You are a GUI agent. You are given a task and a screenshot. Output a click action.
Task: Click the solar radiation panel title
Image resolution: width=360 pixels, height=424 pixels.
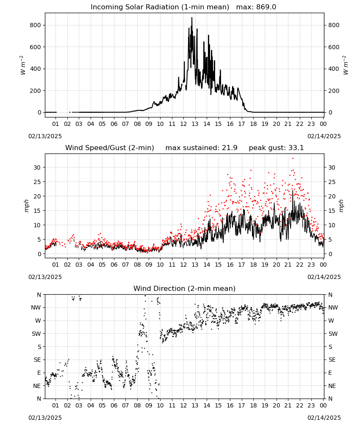183,7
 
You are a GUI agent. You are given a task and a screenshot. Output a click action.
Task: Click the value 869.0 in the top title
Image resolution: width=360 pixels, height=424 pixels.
266,7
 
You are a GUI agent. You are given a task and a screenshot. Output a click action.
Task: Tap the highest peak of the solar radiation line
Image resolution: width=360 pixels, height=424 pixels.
192,17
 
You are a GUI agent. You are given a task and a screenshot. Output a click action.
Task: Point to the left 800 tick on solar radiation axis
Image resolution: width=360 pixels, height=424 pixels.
36,25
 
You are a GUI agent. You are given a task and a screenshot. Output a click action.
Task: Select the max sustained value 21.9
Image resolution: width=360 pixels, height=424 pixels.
230,148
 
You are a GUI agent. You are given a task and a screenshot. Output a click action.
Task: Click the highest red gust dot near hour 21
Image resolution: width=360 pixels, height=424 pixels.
293,159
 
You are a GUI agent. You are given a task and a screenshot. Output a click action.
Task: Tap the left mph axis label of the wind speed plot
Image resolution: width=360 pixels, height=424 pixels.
26,206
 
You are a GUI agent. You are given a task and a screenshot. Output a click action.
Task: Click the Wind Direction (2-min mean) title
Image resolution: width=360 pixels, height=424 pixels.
185,288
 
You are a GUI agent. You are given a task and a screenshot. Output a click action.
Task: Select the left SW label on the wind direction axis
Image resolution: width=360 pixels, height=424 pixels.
36,334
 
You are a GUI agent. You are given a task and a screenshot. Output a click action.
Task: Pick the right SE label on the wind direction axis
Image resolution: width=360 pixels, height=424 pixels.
332,360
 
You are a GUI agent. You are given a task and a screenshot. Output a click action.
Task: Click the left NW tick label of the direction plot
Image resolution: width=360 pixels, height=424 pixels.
36,307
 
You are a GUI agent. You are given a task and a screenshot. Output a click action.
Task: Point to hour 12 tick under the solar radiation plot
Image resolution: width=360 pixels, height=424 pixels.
183,124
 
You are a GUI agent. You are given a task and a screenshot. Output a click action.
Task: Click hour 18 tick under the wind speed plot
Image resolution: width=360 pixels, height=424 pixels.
253,265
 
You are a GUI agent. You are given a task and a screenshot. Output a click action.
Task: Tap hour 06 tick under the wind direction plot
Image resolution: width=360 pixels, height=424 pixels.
114,405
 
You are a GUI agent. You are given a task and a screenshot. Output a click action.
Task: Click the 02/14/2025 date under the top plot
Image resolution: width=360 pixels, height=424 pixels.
324,136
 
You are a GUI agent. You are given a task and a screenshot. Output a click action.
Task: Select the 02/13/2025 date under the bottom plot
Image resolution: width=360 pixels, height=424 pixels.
45,418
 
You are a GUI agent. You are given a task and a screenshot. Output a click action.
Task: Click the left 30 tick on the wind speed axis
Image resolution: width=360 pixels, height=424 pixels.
37,167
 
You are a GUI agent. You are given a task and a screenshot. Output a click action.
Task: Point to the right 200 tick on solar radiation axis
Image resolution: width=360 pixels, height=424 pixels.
334,91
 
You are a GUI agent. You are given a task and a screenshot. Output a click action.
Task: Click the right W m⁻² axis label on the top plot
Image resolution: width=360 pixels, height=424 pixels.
346,65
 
